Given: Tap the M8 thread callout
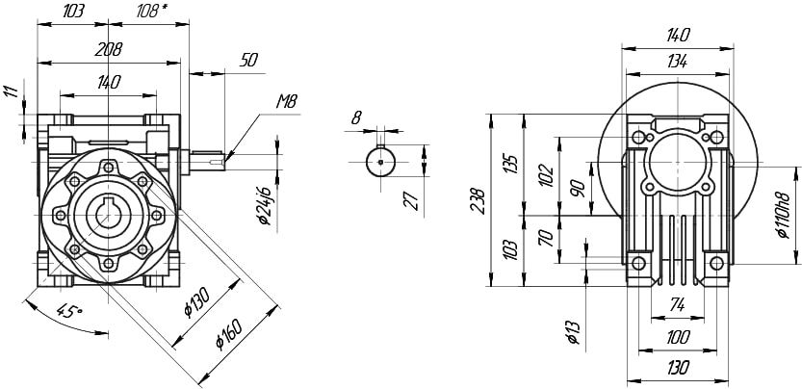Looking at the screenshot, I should pyautogui.click(x=285, y=99).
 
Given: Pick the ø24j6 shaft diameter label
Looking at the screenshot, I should pyautogui.click(x=266, y=205).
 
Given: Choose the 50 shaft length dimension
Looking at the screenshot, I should pyautogui.click(x=248, y=60).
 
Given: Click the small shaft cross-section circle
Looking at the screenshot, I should pyautogui.click(x=383, y=162).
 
